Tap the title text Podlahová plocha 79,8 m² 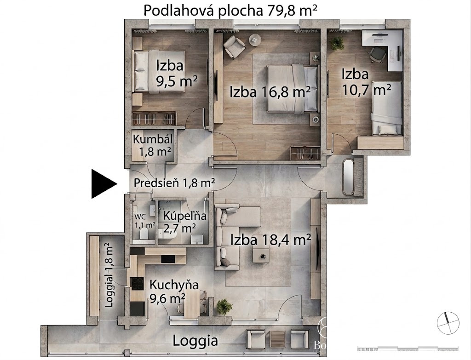pos(230,10)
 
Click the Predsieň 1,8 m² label pos(174,183)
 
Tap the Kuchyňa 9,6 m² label pos(174,291)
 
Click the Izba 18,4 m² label pos(270,240)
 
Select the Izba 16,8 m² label pos(270,92)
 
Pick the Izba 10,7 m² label pos(366,82)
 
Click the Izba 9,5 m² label pos(177,73)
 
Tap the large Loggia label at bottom pos(195,341)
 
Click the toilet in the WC pos(144,233)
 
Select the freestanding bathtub pos(348,177)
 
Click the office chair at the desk pos(377,55)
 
